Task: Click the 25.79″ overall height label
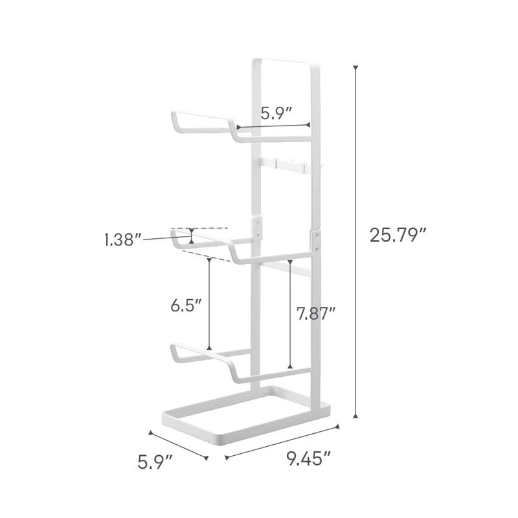[x=398, y=234]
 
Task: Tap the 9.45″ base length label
[x=309, y=460]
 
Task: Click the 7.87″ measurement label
[x=316, y=314]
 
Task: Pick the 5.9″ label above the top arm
[x=276, y=113]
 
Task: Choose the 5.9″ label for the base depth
[x=155, y=462]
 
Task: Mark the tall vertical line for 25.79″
[x=355, y=240]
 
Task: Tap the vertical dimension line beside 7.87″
[x=291, y=314]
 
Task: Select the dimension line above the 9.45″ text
[x=282, y=442]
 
